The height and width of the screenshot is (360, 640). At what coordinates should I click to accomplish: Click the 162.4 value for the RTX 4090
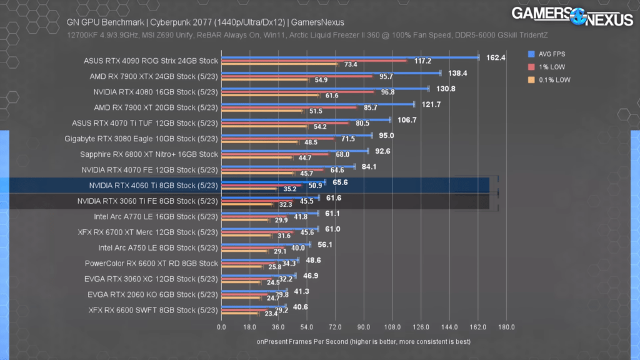coord(496,57)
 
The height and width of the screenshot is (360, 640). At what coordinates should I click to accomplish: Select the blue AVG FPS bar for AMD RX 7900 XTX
coord(331,73)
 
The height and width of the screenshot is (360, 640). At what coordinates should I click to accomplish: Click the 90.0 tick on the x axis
coord(364,327)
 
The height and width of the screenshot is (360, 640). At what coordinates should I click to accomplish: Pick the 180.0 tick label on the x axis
coord(506,327)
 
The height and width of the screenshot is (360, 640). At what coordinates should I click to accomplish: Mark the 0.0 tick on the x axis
coord(221,327)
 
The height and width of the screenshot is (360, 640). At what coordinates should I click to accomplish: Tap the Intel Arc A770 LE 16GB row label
coord(156,216)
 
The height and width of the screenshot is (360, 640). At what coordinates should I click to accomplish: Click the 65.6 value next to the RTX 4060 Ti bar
coord(341,182)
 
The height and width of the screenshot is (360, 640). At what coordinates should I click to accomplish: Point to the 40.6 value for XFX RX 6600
coord(301,306)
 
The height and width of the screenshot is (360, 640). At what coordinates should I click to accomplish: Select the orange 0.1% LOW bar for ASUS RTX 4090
coord(279,64)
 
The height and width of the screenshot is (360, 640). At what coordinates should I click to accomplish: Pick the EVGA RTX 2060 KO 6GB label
coord(155,294)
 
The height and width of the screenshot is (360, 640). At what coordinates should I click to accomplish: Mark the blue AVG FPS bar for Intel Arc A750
coord(266,244)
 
